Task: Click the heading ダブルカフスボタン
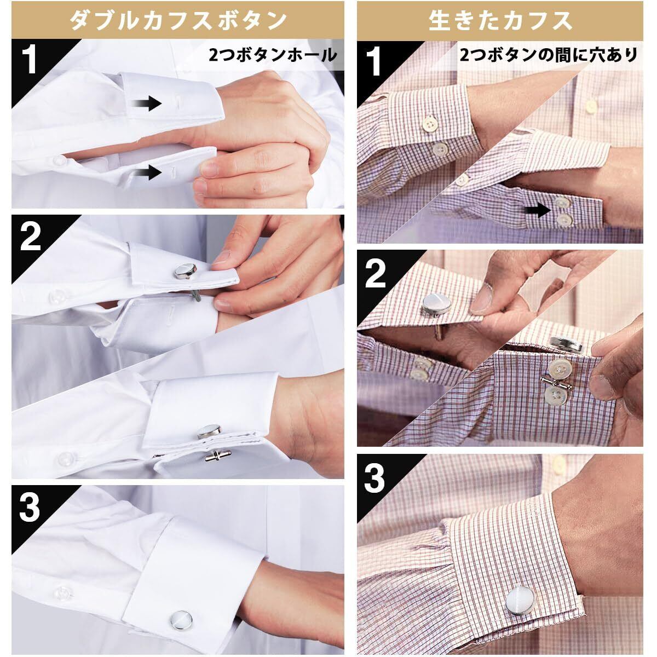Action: tap(178, 21)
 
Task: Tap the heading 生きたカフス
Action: tap(500, 21)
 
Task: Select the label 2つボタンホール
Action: tap(273, 55)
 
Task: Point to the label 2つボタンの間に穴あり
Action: tap(549, 55)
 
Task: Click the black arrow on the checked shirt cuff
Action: tap(537, 211)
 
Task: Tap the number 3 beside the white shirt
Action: tap(30, 508)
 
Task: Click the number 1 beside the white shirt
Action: tap(31, 61)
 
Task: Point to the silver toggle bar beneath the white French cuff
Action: tap(217, 455)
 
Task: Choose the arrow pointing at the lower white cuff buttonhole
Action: tap(147, 172)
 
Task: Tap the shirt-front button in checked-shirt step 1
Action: tap(591, 106)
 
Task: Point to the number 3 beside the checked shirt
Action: tap(374, 478)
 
